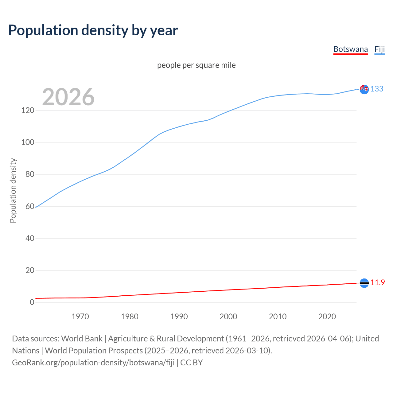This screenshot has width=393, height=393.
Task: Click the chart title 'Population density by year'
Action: [93, 30]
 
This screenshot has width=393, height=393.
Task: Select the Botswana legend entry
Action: [350, 49]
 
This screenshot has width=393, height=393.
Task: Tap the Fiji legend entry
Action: [379, 49]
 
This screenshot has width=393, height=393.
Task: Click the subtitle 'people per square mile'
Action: [196, 65]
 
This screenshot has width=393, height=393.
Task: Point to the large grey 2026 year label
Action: [68, 97]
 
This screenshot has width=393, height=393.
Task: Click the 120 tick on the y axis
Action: [28, 110]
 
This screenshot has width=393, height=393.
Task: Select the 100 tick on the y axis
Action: [28, 142]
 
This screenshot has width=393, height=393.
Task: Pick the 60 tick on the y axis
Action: [30, 206]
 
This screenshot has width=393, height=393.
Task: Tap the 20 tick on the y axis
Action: [30, 270]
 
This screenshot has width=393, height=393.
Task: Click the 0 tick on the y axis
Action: [32, 302]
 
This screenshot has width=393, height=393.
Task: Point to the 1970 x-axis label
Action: [80, 317]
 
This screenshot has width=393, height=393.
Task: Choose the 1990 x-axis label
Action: [179, 317]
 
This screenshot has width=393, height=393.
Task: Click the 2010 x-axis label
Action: [278, 317]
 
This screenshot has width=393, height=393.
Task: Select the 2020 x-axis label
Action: [327, 317]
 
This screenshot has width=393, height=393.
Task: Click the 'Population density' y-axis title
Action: [13, 190]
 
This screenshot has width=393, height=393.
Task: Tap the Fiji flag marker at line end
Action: [364, 90]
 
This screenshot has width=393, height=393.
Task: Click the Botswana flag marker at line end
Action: [364, 283]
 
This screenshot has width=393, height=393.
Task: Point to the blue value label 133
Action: [377, 89]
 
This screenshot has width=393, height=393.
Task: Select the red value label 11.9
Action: [377, 282]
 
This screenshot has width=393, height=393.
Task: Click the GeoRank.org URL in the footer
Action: [93, 362]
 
